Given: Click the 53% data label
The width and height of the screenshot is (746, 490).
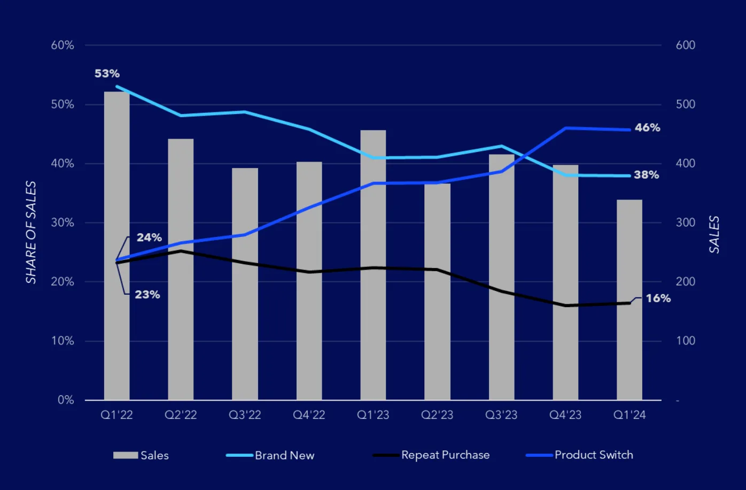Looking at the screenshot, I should (x=107, y=74).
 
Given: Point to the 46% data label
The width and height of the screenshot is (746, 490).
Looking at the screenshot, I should (x=647, y=128).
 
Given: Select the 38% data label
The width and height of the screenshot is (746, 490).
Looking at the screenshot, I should (x=646, y=175).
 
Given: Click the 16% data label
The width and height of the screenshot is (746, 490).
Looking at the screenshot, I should (x=658, y=298).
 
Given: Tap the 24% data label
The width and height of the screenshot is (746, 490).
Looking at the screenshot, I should (x=149, y=238).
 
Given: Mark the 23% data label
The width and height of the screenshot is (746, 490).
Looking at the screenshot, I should (x=147, y=295).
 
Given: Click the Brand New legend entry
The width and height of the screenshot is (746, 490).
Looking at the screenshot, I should (x=284, y=455).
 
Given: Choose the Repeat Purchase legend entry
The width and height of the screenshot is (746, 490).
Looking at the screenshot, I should (x=445, y=455).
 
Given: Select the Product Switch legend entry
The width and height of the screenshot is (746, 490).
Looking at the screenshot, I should (x=593, y=455).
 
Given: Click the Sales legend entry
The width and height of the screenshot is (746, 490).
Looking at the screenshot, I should (x=154, y=455).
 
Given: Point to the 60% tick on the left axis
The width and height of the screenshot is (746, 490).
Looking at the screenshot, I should (x=63, y=45).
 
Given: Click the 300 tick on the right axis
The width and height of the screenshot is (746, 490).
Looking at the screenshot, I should (x=685, y=223).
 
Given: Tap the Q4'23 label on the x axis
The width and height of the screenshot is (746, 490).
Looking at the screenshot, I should (x=565, y=415).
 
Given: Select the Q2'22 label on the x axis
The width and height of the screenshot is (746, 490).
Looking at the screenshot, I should (x=181, y=415).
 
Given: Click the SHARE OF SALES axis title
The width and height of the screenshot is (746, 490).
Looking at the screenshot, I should (x=31, y=232).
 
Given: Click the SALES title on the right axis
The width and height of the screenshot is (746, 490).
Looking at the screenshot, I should (x=714, y=234).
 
